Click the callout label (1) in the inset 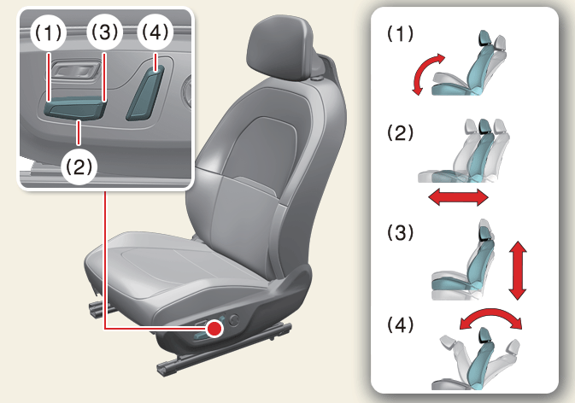coord(49,33)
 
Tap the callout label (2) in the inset coord(79,166)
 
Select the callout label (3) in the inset coord(104,32)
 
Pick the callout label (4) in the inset coord(155,32)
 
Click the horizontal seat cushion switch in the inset coord(74,109)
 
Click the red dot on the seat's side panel coord(214,328)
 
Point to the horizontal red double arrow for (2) coord(459,198)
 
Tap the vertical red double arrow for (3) coord(518,271)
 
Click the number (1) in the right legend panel coord(400,33)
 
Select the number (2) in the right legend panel coord(400,132)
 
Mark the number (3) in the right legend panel coord(400,232)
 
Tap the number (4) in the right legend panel coord(400,325)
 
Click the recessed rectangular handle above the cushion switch coord(76,70)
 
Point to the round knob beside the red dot coord(233,320)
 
